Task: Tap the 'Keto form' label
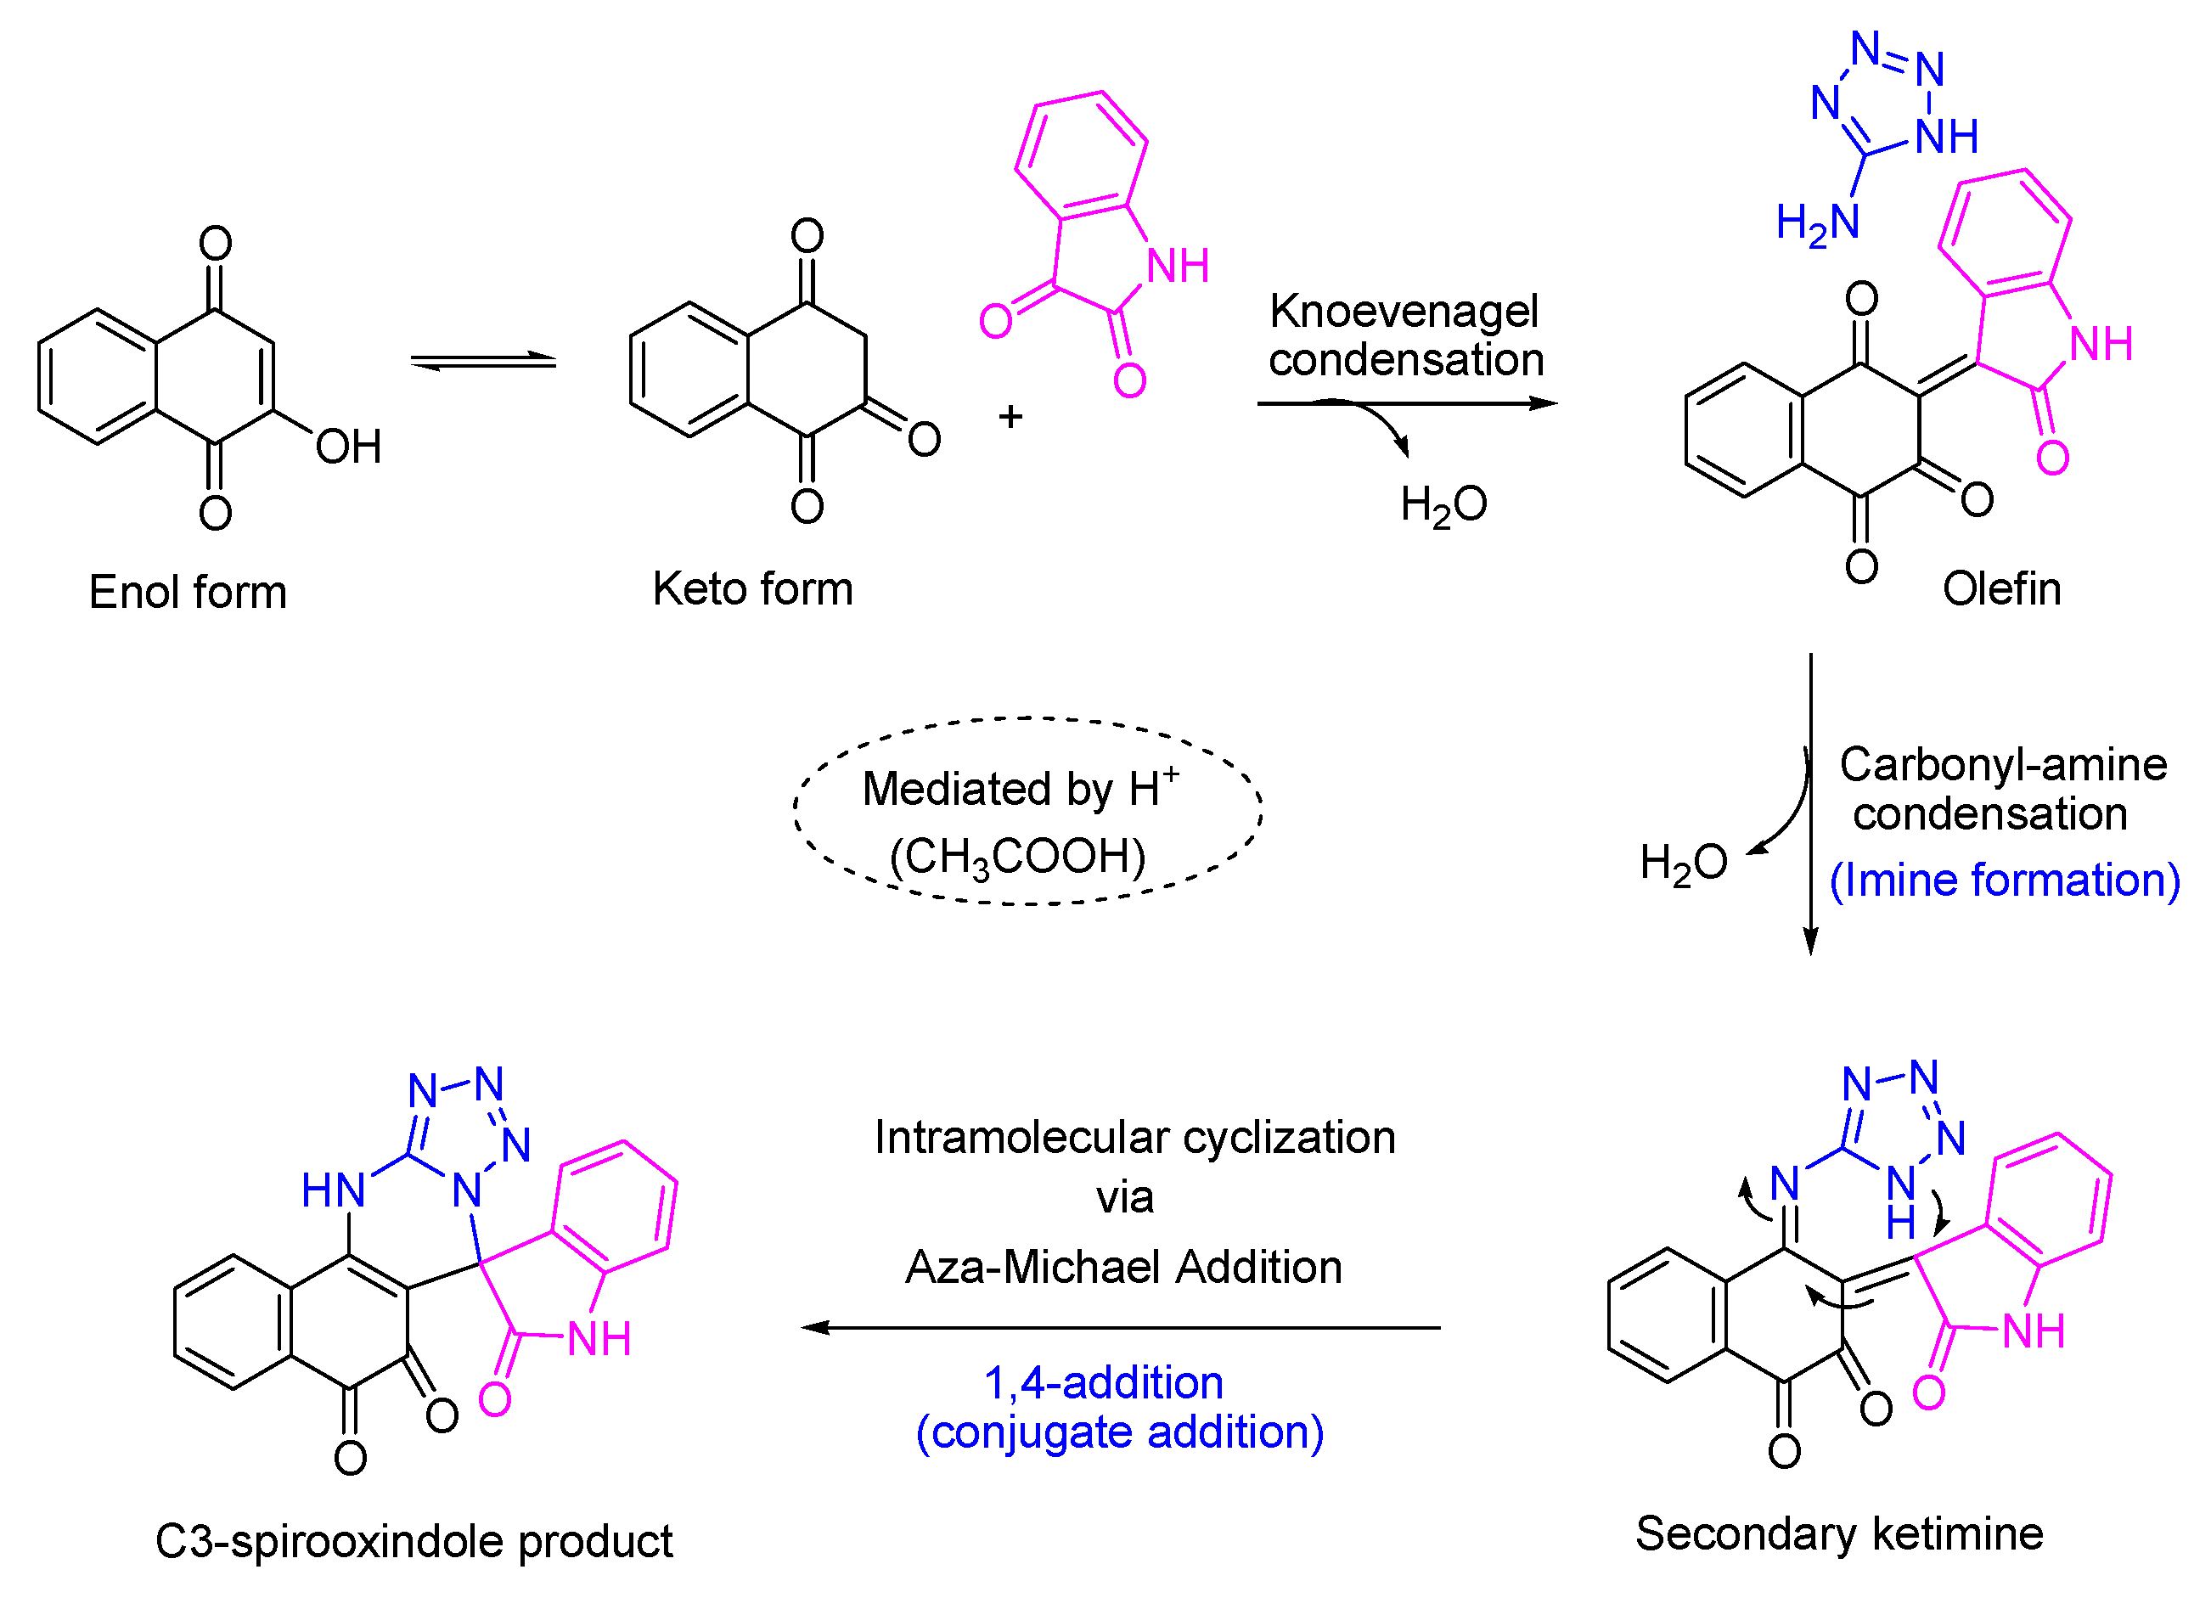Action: click(x=752, y=589)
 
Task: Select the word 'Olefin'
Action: click(x=2001, y=589)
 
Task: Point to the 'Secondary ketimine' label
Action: click(x=1838, y=1534)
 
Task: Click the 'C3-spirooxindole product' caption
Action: click(x=414, y=1542)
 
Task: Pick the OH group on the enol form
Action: click(x=348, y=447)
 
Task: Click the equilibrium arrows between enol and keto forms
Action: click(x=482, y=362)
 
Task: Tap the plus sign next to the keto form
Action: click(x=1010, y=418)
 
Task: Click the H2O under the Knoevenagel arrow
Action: click(x=1443, y=505)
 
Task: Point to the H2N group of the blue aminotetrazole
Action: click(x=1817, y=223)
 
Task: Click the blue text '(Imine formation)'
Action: click(x=2005, y=880)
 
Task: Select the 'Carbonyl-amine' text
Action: click(x=2002, y=764)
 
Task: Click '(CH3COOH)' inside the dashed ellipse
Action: click(x=1017, y=858)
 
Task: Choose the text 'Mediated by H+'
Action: click(x=1020, y=788)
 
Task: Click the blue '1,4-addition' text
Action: click(x=1104, y=1383)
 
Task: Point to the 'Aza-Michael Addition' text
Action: click(x=1123, y=1268)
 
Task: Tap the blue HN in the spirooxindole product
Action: click(x=334, y=1190)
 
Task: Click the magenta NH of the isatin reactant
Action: click(x=1178, y=267)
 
